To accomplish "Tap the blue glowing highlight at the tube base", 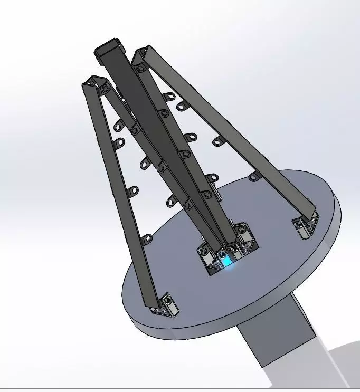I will (x=226, y=260).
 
